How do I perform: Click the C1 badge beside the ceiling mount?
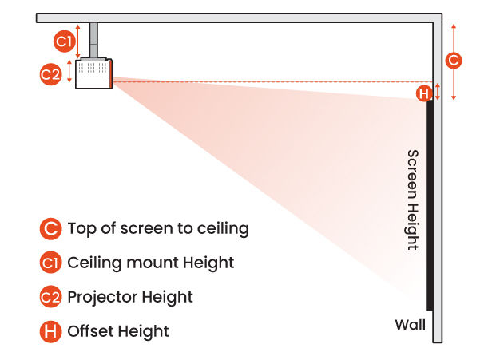[x=64, y=42]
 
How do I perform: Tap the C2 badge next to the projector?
[x=50, y=74]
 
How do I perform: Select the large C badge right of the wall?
[x=453, y=60]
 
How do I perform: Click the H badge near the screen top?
[x=424, y=93]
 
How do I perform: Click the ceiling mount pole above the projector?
[x=94, y=40]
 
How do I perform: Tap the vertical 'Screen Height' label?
[x=412, y=200]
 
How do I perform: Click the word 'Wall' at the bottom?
[x=411, y=325]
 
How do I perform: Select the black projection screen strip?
[x=430, y=204]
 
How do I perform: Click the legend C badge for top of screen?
[x=50, y=229]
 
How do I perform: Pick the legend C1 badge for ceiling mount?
[x=50, y=263]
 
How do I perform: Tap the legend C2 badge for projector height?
[x=50, y=297]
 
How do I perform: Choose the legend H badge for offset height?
[x=50, y=330]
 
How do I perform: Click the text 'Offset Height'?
[x=118, y=330]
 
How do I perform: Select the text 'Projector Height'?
[x=130, y=297]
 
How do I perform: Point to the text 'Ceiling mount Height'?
[x=151, y=263]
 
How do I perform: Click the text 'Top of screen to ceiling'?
[x=158, y=229]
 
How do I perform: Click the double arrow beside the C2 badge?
[x=69, y=73]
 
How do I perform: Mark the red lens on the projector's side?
[x=112, y=74]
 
